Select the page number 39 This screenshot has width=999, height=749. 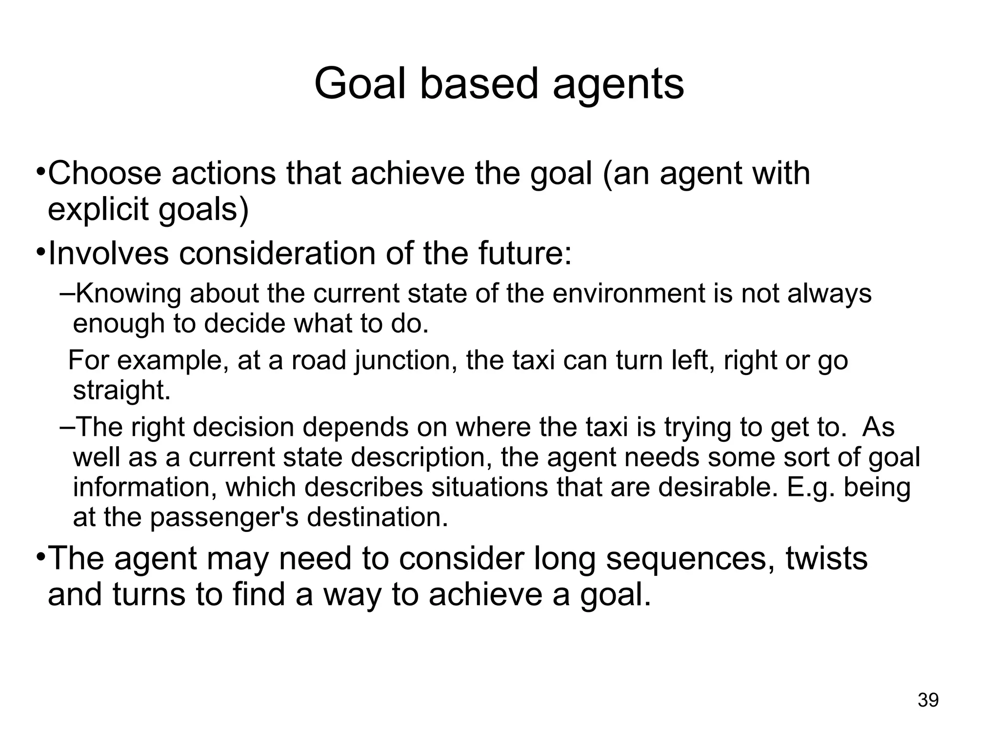tap(928, 700)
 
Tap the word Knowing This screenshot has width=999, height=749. tap(129, 294)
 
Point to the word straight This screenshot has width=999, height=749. tap(122, 390)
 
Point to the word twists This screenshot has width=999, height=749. tap(826, 559)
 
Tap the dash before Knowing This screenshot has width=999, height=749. tap(67, 294)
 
